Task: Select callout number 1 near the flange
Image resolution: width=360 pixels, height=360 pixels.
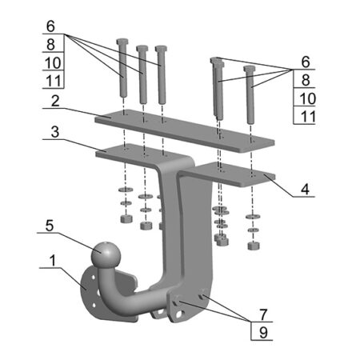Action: point(53,260)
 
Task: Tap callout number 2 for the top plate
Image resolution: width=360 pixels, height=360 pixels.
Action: point(55,102)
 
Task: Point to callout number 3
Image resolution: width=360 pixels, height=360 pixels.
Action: point(55,132)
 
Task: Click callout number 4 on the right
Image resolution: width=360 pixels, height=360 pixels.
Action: point(305,190)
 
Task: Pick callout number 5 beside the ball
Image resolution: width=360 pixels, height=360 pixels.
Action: point(50,226)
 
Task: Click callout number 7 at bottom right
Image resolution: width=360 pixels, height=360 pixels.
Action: point(263,314)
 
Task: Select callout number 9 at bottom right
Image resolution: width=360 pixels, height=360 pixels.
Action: point(263,333)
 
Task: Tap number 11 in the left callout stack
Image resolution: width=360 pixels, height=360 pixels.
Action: point(54,81)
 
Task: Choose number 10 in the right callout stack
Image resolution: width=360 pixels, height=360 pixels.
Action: point(307,98)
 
